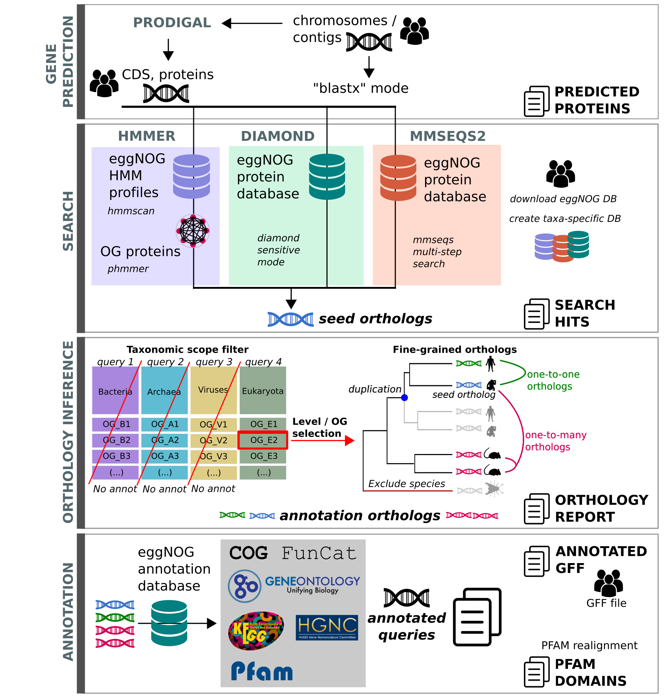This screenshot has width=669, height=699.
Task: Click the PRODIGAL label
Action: point(172,23)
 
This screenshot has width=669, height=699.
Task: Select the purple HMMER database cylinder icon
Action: point(191,176)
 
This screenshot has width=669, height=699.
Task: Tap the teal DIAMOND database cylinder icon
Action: point(327,177)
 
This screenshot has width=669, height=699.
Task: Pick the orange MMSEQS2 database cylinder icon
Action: point(398,178)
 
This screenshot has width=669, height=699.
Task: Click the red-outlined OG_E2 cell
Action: point(263,440)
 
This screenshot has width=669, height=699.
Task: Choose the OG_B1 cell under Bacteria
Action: point(115,424)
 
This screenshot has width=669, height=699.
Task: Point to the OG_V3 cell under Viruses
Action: point(213,456)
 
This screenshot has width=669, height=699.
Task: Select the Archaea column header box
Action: point(164,390)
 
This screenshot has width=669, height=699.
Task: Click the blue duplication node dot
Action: point(404,397)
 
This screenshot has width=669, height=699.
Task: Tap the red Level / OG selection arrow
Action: point(323,440)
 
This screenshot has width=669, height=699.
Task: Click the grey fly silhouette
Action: point(494,489)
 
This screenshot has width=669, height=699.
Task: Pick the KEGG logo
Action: point(256,630)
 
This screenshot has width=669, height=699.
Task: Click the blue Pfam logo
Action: point(262,671)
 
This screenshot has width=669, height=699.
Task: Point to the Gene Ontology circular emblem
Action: point(245,586)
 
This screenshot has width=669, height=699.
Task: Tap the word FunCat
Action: point(319,553)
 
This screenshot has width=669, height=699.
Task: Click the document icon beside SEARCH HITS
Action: point(536,314)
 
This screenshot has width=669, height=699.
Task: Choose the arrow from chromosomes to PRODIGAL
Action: point(252,24)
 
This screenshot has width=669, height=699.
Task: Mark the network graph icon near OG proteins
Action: point(193,231)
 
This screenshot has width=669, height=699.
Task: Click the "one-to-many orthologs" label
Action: point(555,441)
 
